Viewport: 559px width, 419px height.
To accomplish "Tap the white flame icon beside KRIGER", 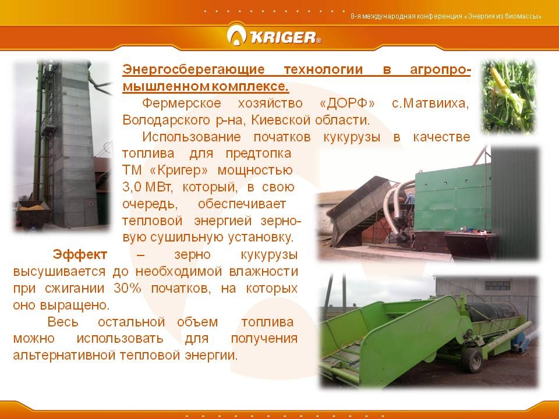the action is coord(236,35).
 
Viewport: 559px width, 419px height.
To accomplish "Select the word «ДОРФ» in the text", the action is coord(347,104).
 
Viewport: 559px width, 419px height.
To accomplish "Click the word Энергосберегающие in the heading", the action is coord(193,69).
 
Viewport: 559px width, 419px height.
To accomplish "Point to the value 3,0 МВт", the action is coord(147,187).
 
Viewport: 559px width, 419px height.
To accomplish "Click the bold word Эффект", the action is coord(80,254).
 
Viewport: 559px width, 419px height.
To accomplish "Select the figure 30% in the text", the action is coord(128,288).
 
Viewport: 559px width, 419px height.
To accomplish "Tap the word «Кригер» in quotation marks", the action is coord(179,171).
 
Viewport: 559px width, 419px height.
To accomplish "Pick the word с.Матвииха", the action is coord(430,104).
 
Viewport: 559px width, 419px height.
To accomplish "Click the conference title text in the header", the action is coord(446,16).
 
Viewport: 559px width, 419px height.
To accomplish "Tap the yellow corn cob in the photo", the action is coord(500,81).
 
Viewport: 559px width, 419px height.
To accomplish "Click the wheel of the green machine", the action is coord(472,360).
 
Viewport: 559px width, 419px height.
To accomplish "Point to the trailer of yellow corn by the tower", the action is coord(33,213).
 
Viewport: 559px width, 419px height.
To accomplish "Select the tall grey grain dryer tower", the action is coord(73,143).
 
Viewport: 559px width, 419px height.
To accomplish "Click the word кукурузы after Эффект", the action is coord(269,255).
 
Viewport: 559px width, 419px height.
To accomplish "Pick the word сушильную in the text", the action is coord(187,237).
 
